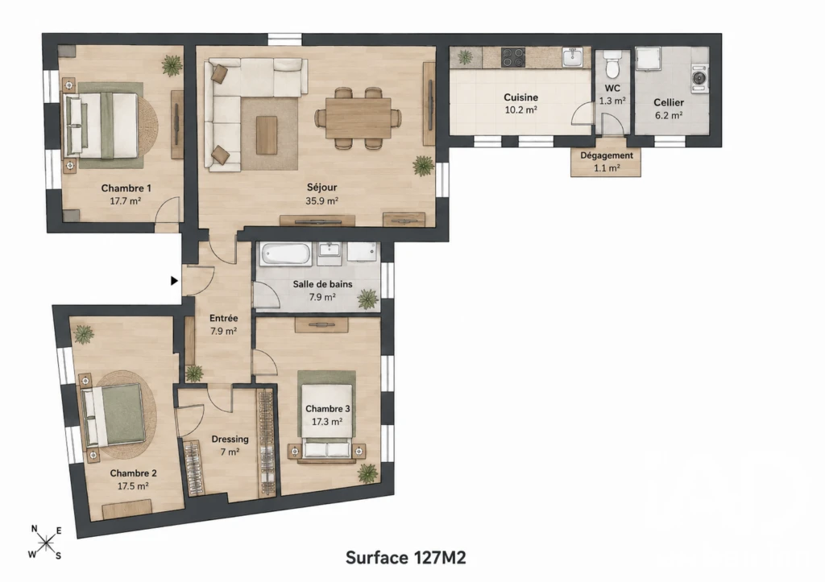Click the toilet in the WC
point(612,64)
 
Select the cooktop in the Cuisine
point(513,57)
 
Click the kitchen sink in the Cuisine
point(573,57)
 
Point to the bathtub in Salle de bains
point(288,254)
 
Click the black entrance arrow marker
point(175,281)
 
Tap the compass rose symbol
point(46,542)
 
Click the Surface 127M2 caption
point(406,557)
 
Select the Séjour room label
point(322,188)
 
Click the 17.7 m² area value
point(125,200)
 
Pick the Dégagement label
point(607,155)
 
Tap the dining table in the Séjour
point(359,118)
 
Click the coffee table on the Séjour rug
point(267,135)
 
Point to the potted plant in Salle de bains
point(367,299)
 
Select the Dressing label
point(230,439)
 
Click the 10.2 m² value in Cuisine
point(521,110)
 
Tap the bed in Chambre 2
point(113,414)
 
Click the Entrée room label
point(224,318)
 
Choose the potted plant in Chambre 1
point(172,65)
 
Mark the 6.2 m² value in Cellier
point(669,115)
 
